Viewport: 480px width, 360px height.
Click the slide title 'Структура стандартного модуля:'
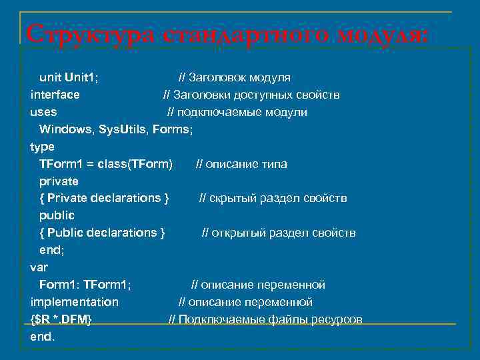pos(225,34)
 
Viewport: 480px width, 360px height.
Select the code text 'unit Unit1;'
pos(69,77)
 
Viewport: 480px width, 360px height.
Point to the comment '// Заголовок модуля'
pos(233,77)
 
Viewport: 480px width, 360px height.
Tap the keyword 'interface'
pos(55,95)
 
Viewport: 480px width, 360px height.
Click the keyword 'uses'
pos(43,112)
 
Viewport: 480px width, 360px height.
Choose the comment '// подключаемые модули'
pos(237,112)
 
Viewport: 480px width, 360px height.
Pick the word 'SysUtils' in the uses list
pos(123,129)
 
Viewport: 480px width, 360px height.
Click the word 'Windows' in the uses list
pos(65,129)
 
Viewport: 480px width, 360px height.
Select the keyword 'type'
pos(43,147)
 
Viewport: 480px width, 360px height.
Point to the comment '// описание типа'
pos(241,164)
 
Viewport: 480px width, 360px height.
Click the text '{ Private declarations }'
pos(104,198)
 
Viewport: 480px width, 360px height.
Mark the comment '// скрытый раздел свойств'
pos(273,198)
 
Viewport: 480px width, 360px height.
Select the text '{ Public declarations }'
pos(102,233)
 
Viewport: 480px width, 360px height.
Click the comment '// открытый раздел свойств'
pos(279,233)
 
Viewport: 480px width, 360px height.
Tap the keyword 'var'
pos(39,267)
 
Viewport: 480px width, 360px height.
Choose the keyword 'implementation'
pos(74,302)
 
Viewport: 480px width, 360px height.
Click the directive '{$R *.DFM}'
pos(61,319)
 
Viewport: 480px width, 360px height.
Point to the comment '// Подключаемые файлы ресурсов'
pos(265,319)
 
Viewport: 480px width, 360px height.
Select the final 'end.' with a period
pos(43,337)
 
